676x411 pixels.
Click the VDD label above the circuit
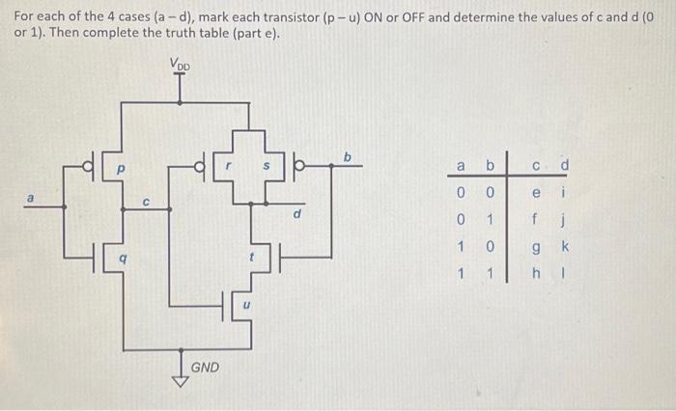(181, 66)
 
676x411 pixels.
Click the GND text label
(205, 368)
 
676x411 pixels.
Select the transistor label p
(122, 168)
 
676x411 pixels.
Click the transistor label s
(268, 165)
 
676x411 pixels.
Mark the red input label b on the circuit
(349, 156)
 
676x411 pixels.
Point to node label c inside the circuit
(144, 203)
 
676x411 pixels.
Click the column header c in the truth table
(536, 166)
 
